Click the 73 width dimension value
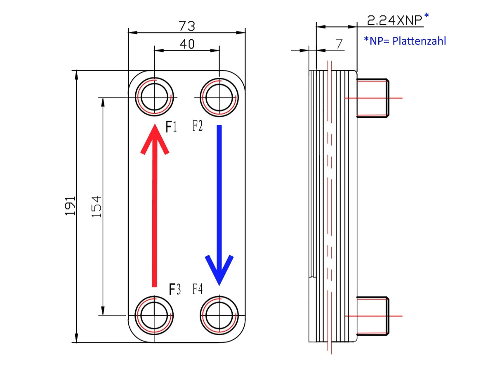(x=187, y=26)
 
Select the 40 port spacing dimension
(x=187, y=44)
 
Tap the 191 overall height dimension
(x=70, y=205)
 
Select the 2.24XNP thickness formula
(x=395, y=19)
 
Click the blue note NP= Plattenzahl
(x=405, y=41)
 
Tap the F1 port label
(x=171, y=127)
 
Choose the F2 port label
(x=198, y=126)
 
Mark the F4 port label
(x=198, y=289)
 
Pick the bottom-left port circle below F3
(x=155, y=315)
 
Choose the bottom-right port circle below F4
(x=219, y=315)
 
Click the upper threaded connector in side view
(x=372, y=98)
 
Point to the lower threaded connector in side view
(x=372, y=316)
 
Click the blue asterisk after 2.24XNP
(x=427, y=16)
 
